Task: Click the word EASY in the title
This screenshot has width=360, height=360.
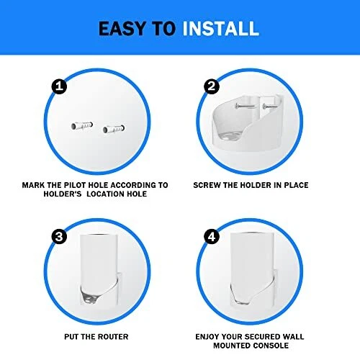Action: click(122, 29)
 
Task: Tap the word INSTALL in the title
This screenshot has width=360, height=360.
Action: click(220, 29)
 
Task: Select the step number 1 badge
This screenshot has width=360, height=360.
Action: click(59, 86)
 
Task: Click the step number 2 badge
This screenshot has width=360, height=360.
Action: click(212, 86)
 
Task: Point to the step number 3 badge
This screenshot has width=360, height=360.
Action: click(59, 237)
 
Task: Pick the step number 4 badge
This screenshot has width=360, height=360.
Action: click(212, 237)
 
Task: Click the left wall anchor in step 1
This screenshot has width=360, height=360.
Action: click(82, 125)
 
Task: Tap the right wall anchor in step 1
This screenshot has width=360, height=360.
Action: click(114, 129)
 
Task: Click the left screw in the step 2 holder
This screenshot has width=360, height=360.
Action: click(245, 106)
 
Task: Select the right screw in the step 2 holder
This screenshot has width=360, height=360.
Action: click(271, 107)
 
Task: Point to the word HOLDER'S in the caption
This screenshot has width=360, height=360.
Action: click(63, 194)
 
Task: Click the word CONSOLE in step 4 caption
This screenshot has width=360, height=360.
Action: click(270, 346)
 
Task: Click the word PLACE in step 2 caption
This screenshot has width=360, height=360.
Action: click(297, 185)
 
